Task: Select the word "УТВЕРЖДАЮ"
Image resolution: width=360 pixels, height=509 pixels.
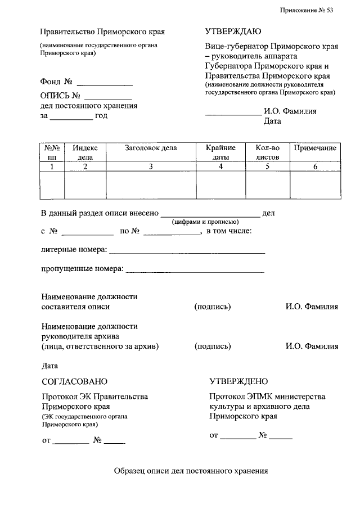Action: pyautogui.click(x=233, y=32)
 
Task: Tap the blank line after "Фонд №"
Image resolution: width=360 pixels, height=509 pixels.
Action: pyautogui.click(x=105, y=83)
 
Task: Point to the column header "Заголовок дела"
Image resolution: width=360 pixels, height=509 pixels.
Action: pyautogui.click(x=151, y=148)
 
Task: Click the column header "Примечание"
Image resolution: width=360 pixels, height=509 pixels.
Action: pyautogui.click(x=315, y=148)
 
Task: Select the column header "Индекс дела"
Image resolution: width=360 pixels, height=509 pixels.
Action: pyautogui.click(x=85, y=152)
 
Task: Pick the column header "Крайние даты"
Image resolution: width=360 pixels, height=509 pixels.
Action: pyautogui.click(x=220, y=152)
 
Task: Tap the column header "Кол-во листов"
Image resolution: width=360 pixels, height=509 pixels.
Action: pyautogui.click(x=267, y=152)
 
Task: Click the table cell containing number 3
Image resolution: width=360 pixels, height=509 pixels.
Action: pyautogui.click(x=151, y=166)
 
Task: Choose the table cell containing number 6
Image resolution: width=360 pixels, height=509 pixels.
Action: pyautogui.click(x=315, y=166)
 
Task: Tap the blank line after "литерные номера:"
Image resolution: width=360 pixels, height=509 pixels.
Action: pyautogui.click(x=186, y=252)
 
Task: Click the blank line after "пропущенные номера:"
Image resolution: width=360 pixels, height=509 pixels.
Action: pyautogui.click(x=194, y=271)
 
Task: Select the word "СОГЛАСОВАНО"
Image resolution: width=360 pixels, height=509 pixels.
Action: pyautogui.click(x=74, y=382)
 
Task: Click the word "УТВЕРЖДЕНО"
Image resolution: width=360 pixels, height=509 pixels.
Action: pyautogui.click(x=238, y=382)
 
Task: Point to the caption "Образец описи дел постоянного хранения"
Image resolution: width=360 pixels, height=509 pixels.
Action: pyautogui.click(x=191, y=471)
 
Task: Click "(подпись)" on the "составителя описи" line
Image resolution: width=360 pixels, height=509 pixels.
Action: pyautogui.click(x=213, y=307)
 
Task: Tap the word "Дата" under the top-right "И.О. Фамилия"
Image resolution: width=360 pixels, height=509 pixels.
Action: pyautogui.click(x=272, y=121)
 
